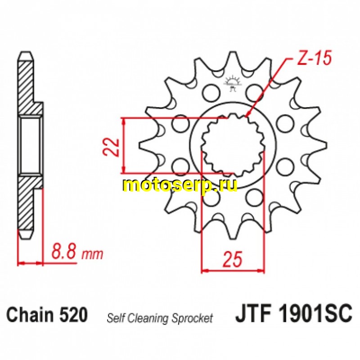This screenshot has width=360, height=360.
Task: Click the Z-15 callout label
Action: click(314, 58)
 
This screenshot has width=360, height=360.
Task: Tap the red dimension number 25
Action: click(232, 259)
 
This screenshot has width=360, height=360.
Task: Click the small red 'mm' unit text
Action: click(92, 254)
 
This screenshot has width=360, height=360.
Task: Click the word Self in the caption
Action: click(116, 318)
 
